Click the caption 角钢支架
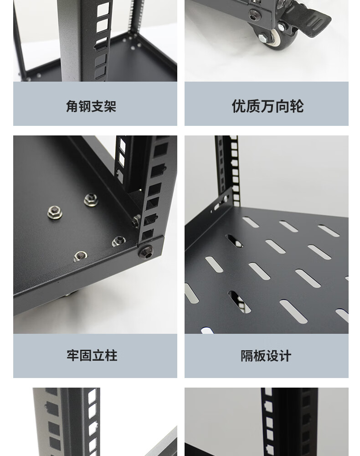[x=91, y=106]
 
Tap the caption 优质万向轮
[x=267, y=106]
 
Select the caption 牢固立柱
[x=92, y=355]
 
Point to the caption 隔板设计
[x=266, y=356]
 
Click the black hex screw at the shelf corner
[x=146, y=252]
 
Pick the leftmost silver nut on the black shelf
[x=55, y=212]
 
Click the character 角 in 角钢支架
[x=72, y=106]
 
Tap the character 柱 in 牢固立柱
[x=111, y=355]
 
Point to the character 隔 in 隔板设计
[x=247, y=356]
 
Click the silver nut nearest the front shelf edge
[x=80, y=256]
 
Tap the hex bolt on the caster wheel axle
[x=261, y=38]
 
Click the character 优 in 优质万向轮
[x=239, y=106]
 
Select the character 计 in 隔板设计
[x=285, y=356]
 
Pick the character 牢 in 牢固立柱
[x=72, y=355]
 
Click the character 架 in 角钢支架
[x=110, y=106]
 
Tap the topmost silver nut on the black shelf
[x=91, y=200]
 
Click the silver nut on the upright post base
[x=136, y=221]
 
